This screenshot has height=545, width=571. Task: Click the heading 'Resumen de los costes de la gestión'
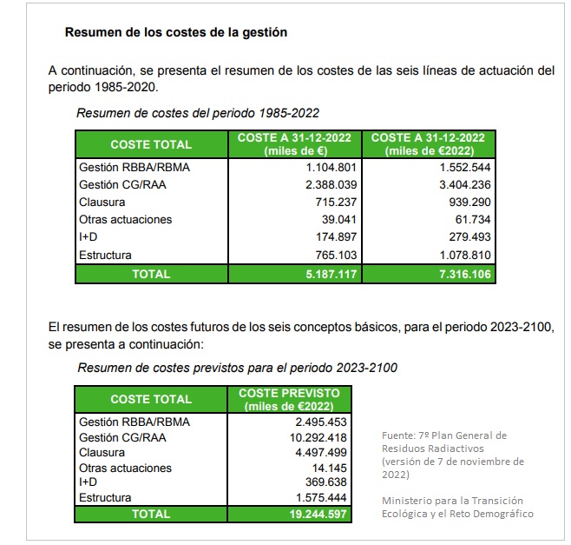[x=176, y=32]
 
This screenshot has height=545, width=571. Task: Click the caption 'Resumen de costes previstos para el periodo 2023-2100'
[x=237, y=368]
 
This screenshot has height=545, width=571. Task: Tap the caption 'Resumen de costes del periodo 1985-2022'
[x=199, y=113]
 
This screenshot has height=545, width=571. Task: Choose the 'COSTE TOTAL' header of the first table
[x=151, y=144]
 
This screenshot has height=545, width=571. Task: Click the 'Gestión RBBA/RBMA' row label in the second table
[x=134, y=422]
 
